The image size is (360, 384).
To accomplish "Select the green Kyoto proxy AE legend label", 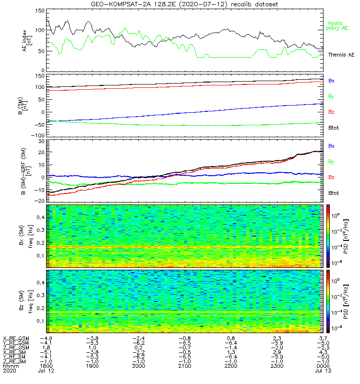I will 337,26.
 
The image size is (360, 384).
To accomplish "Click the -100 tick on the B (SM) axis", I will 38,135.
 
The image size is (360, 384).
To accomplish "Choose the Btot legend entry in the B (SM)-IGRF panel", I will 333,192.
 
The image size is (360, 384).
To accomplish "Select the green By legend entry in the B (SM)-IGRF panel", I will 331,161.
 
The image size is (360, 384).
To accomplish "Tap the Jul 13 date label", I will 322,371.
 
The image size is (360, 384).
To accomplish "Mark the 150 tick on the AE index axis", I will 41,10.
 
